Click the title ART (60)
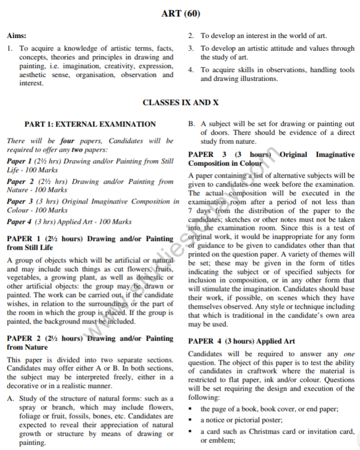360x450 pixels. [179, 13]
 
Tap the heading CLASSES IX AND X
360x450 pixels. [180, 102]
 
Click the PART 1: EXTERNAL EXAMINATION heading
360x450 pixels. [90, 124]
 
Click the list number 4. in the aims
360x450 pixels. [190, 70]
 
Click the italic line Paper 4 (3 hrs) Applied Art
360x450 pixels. [69, 222]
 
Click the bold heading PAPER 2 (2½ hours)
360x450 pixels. [43, 339]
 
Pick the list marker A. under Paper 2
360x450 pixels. [10, 398]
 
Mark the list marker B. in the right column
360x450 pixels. [192, 124]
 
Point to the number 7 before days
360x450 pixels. [190, 211]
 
